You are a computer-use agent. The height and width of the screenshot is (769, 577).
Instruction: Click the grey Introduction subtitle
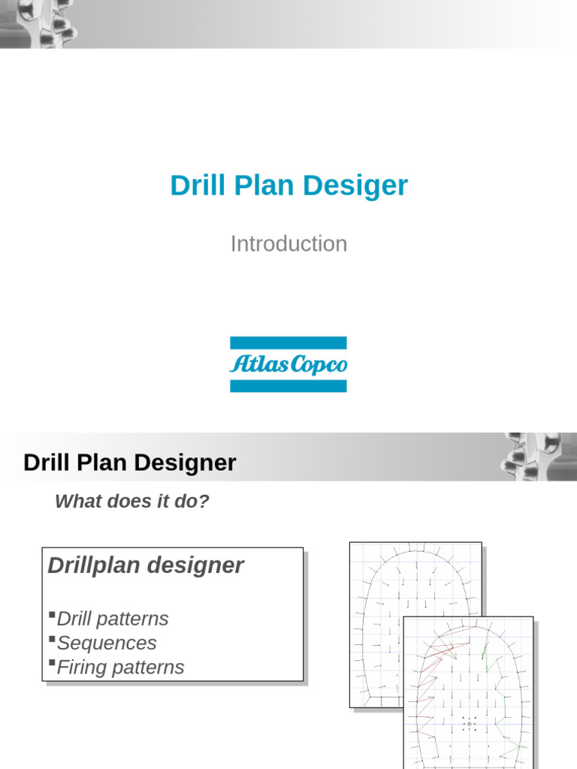tap(288, 243)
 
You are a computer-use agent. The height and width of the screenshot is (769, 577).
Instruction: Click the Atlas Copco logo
tap(288, 364)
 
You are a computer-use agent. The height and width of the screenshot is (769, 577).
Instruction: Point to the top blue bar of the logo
tap(288, 342)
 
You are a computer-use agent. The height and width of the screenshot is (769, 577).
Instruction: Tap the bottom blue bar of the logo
tap(288, 386)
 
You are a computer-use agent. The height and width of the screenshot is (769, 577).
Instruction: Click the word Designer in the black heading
tap(188, 463)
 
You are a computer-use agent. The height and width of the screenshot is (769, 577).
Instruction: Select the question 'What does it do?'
tap(132, 502)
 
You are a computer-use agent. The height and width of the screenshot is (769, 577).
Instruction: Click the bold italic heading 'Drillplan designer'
tap(146, 565)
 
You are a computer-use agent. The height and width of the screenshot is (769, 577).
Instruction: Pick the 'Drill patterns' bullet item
tap(113, 619)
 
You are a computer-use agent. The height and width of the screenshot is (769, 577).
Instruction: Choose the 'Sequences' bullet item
tap(107, 643)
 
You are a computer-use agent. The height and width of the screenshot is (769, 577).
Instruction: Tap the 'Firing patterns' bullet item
tap(120, 667)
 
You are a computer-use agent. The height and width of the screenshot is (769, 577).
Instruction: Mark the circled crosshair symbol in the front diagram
tap(470, 724)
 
